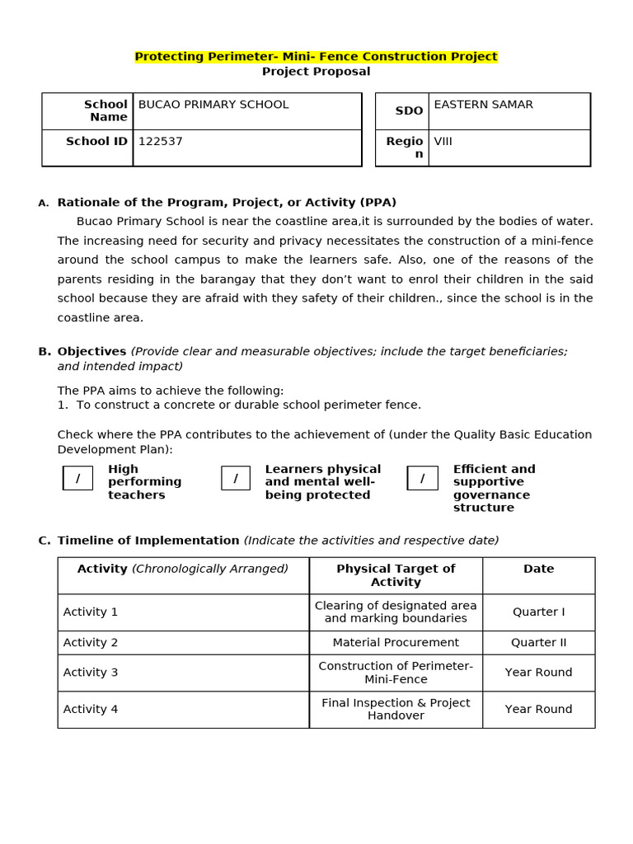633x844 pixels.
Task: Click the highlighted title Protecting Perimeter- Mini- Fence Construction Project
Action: click(x=316, y=57)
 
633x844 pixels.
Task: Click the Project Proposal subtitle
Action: click(x=316, y=72)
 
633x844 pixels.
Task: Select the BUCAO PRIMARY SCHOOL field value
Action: click(x=213, y=105)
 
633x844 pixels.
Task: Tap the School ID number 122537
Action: click(x=161, y=142)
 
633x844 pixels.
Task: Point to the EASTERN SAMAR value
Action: click(x=483, y=105)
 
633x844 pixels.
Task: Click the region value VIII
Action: click(x=443, y=142)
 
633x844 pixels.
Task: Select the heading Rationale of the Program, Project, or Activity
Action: click(x=227, y=203)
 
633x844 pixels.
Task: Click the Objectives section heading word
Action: click(x=91, y=352)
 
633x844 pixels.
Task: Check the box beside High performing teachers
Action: click(x=78, y=478)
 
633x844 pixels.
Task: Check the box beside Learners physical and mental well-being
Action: click(x=236, y=478)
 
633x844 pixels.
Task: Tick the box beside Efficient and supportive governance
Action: click(x=422, y=478)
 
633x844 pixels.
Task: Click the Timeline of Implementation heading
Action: click(x=148, y=541)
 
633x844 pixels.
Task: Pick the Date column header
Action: click(x=538, y=570)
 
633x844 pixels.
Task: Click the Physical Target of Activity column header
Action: click(x=396, y=575)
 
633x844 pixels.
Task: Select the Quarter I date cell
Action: click(x=538, y=612)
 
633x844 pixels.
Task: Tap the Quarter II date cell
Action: click(x=538, y=643)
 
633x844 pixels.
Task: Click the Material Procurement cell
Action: click(x=396, y=643)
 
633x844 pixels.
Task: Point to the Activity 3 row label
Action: click(x=91, y=673)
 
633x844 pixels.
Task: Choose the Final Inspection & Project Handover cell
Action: click(x=396, y=710)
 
